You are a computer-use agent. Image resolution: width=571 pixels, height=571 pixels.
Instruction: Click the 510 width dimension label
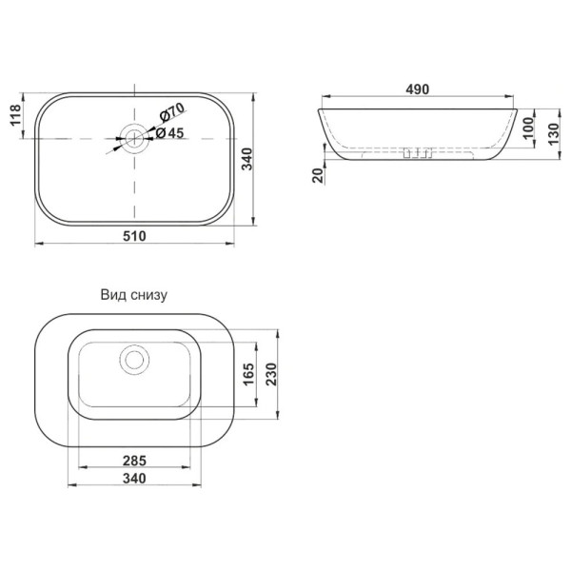pyautogui.click(x=134, y=236)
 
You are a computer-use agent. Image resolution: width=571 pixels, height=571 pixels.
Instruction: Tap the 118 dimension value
pyautogui.click(x=15, y=115)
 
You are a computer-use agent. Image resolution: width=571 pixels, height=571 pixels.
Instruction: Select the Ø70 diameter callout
pyautogui.click(x=172, y=112)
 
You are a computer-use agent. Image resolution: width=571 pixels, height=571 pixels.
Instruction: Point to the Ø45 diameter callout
pyautogui.click(x=169, y=133)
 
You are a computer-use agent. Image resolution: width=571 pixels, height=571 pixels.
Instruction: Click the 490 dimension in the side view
pyautogui.click(x=418, y=89)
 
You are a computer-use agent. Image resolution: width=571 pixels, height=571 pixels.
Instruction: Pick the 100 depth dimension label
pyautogui.click(x=528, y=128)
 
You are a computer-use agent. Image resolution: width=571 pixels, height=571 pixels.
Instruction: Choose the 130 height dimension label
pyautogui.click(x=554, y=134)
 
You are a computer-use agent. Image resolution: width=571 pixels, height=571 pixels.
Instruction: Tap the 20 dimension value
pyautogui.click(x=318, y=175)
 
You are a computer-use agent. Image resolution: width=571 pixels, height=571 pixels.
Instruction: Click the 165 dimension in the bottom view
pyautogui.click(x=248, y=374)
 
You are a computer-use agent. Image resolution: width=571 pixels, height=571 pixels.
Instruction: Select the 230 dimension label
pyautogui.click(x=271, y=374)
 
